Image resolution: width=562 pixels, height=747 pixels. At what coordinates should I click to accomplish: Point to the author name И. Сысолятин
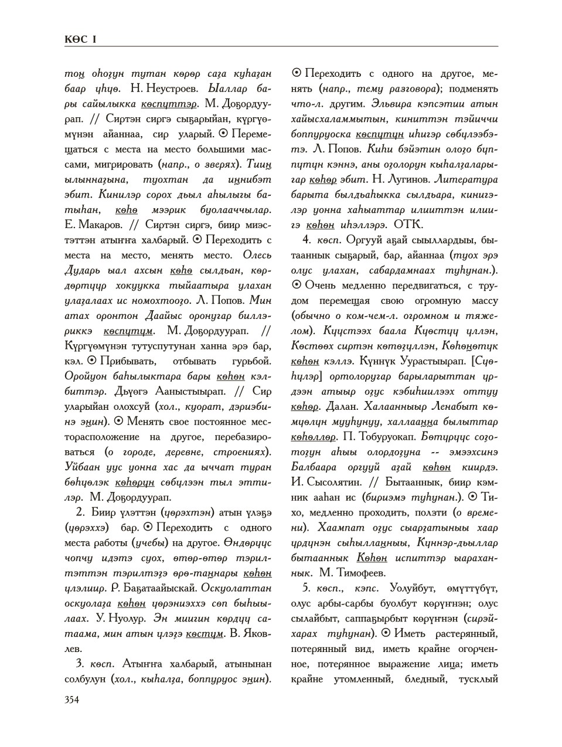pyautogui.click(x=327, y=481)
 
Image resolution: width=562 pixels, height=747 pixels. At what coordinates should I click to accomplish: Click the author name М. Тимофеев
pyautogui.click(x=356, y=572)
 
